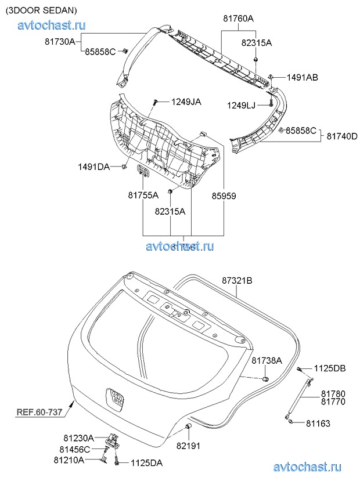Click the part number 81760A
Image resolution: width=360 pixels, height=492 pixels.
pyautogui.click(x=238, y=18)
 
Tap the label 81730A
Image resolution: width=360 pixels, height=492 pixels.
pyautogui.click(x=60, y=41)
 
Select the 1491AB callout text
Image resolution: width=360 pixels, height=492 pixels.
pyautogui.click(x=302, y=77)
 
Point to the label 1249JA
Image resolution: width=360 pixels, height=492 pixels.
pyautogui.click(x=186, y=102)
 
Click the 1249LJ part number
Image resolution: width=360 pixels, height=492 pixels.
pyautogui.click(x=241, y=105)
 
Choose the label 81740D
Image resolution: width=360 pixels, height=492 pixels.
pyautogui.click(x=341, y=136)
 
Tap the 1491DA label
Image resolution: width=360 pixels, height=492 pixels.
pyautogui.click(x=94, y=167)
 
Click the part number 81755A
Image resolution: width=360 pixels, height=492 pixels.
pyautogui.click(x=143, y=196)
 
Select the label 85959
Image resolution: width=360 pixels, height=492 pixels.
pyautogui.click(x=224, y=196)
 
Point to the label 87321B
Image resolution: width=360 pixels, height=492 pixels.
pyautogui.click(x=237, y=280)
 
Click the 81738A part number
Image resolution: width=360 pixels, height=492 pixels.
pyautogui.click(x=267, y=360)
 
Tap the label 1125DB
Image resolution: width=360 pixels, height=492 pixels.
pyautogui.click(x=330, y=368)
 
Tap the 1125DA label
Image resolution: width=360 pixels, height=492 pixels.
pyautogui.click(x=146, y=462)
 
